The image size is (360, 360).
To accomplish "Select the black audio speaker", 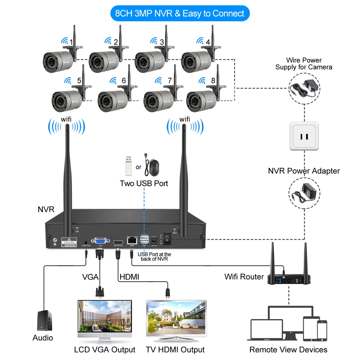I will click(x=45, y=320).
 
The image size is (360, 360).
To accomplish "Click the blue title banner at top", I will click(x=180, y=14).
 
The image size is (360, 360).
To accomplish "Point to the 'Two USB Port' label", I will click(x=144, y=183).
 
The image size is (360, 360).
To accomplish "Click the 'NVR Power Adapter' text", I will click(x=304, y=171).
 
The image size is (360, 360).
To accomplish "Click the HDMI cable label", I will click(x=129, y=277).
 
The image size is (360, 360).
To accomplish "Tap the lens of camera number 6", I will click(x=104, y=102).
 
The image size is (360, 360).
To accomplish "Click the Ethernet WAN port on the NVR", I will click(x=131, y=239).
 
